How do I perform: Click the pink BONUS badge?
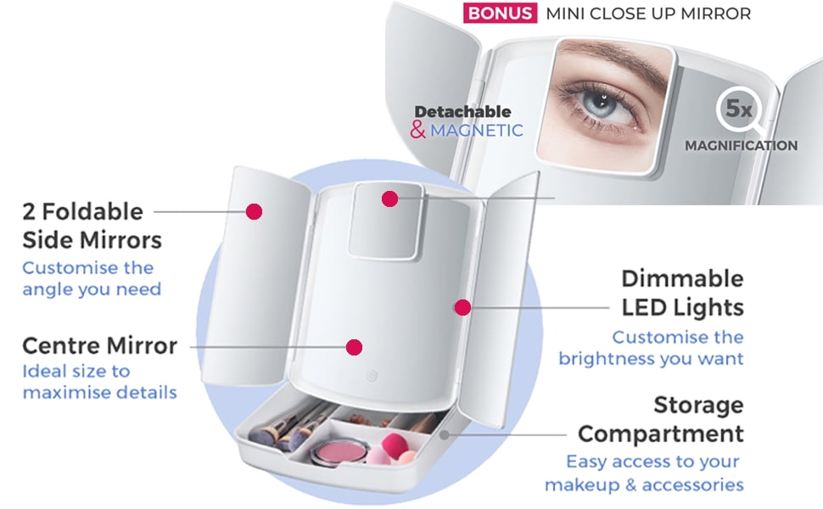[500, 14]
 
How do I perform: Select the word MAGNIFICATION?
[741, 146]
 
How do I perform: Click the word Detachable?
[462, 111]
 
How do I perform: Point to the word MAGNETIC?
[476, 131]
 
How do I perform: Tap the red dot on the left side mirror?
[253, 211]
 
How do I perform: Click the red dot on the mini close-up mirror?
[389, 199]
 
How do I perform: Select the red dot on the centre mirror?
[355, 347]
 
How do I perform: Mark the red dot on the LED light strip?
[462, 307]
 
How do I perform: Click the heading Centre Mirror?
[99, 346]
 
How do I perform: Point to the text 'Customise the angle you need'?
[87, 278]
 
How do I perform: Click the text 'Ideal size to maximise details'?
[99, 382]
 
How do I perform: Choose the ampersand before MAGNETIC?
[417, 131]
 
